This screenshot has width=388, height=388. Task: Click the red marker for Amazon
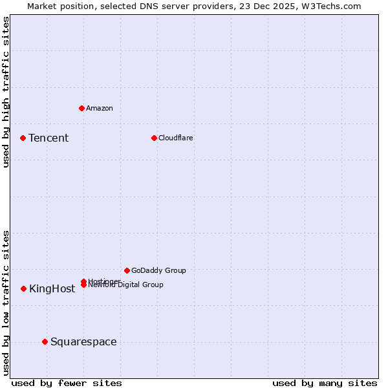tap(81, 108)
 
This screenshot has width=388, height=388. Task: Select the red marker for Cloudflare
tap(154, 138)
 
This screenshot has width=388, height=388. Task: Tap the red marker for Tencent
tap(23, 138)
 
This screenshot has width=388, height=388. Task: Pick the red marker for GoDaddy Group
tap(127, 270)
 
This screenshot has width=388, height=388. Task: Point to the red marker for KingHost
tap(23, 288)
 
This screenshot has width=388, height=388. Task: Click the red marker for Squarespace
tap(45, 341)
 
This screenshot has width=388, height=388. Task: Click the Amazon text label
tap(99, 108)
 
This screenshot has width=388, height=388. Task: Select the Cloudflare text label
tap(175, 138)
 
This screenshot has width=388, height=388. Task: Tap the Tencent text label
tap(48, 138)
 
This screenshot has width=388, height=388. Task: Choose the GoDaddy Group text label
tap(158, 270)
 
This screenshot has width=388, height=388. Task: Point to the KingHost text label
tap(52, 289)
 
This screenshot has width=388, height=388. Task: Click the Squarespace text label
tap(83, 341)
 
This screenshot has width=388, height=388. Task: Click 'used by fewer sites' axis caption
tap(67, 383)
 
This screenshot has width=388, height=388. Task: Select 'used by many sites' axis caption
tap(325, 383)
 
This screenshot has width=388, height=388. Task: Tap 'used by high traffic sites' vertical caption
tap(6, 92)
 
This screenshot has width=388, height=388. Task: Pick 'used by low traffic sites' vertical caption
tap(6, 302)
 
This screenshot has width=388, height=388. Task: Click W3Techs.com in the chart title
tap(329, 6)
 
